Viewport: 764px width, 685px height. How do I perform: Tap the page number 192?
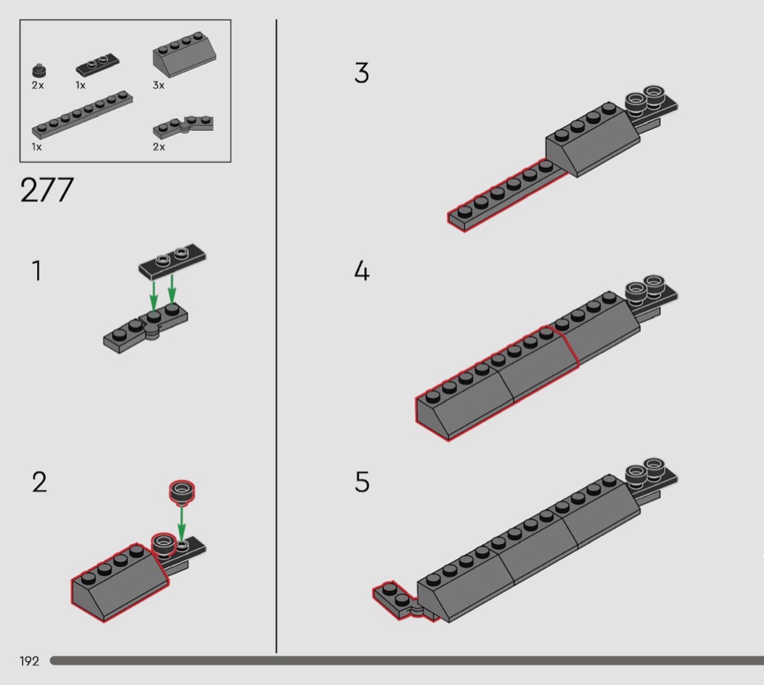point(29,661)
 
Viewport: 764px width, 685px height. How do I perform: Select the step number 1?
point(36,271)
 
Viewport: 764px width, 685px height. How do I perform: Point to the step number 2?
point(39,482)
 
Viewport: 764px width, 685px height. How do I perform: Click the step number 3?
point(362,73)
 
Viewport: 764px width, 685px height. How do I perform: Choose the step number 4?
point(362,271)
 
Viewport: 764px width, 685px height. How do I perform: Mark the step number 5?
point(362,482)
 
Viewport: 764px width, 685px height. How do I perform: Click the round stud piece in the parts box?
point(39,71)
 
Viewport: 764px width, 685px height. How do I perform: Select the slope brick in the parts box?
point(184,55)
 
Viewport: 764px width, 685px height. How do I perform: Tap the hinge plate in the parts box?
point(183,127)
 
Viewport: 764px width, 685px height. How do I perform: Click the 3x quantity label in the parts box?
point(159,85)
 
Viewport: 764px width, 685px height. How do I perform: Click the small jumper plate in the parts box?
point(98,65)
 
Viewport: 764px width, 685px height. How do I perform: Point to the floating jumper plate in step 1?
point(172,261)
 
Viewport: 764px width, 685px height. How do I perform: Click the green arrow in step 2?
point(181,522)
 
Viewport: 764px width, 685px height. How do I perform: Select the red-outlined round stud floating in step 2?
point(182,492)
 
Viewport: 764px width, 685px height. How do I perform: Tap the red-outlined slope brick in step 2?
point(120,582)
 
